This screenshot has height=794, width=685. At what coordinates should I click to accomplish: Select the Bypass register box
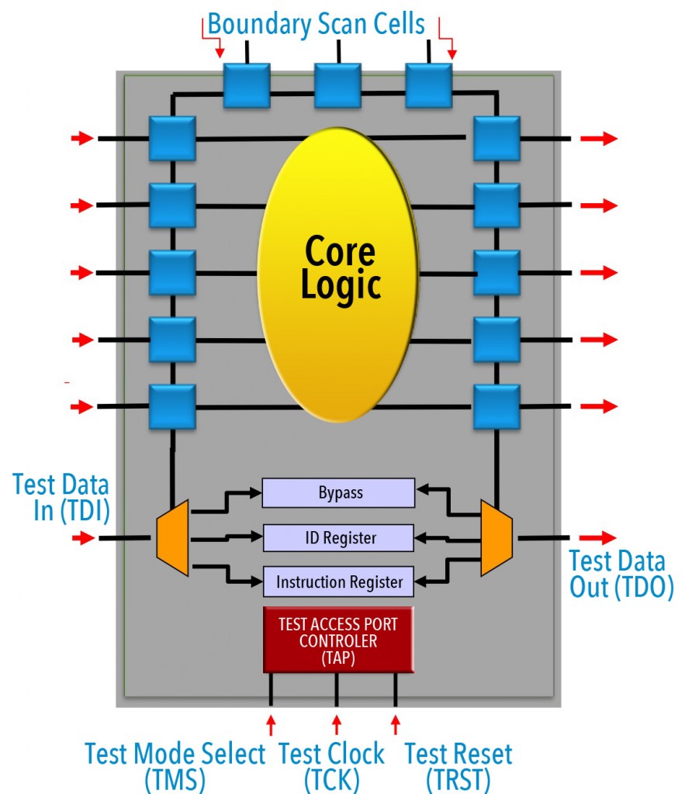(338, 492)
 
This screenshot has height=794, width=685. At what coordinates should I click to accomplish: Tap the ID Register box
(338, 537)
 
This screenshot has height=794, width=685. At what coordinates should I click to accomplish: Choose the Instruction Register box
(338, 582)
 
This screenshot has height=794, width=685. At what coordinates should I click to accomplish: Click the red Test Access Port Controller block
(338, 640)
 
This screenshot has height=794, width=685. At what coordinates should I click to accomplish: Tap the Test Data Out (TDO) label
(621, 574)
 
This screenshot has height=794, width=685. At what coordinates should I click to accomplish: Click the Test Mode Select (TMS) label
(175, 765)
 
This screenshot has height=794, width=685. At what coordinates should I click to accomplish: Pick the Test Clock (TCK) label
(331, 765)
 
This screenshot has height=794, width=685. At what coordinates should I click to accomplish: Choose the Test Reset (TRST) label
(458, 765)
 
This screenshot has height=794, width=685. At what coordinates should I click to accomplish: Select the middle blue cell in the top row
(337, 85)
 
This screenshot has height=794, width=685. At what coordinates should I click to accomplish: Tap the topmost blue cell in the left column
(172, 138)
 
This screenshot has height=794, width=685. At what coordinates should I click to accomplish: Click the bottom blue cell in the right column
(496, 406)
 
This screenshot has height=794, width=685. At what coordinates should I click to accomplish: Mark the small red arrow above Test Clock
(336, 725)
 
